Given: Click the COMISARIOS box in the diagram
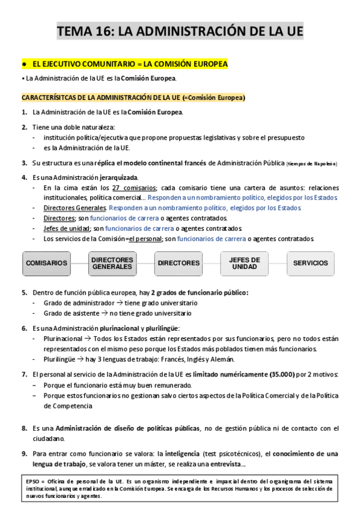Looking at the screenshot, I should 46,263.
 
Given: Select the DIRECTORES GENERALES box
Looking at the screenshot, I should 112,263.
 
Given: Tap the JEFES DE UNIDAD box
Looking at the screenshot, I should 245,263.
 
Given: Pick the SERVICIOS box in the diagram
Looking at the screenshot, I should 311,263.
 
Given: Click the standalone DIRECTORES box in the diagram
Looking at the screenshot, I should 178,263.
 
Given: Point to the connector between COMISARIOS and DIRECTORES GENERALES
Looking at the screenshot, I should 79,263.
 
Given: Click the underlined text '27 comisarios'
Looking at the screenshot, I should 135,188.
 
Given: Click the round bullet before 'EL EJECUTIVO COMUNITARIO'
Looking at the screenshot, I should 23,63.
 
